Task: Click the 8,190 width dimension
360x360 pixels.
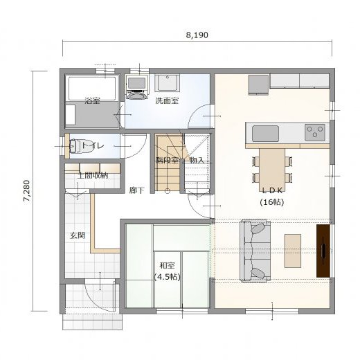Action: coord(197,35)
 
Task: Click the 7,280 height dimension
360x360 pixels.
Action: coord(26,191)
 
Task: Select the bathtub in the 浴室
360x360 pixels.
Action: coord(92,89)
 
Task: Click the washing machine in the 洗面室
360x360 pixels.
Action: coord(137,87)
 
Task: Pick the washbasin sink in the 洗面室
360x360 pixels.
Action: coord(167,83)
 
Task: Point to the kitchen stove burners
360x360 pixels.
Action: coord(315,132)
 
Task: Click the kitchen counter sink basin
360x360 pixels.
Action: coord(265,134)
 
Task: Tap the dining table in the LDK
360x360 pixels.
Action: coord(272,166)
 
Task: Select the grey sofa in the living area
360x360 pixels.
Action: coord(255,251)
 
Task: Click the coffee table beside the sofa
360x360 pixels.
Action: coord(293,251)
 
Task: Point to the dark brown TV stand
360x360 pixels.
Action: coord(323,251)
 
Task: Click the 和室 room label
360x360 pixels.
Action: coord(167,266)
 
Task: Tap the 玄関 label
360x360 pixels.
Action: coord(78,235)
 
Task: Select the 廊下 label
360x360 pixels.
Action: coord(136,190)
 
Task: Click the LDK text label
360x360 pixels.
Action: coord(272,190)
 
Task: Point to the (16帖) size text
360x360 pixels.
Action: coord(272,202)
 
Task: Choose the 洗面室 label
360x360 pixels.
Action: coord(167,101)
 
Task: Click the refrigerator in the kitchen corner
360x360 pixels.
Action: coord(259,84)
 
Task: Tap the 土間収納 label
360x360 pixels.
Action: coord(93,175)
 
